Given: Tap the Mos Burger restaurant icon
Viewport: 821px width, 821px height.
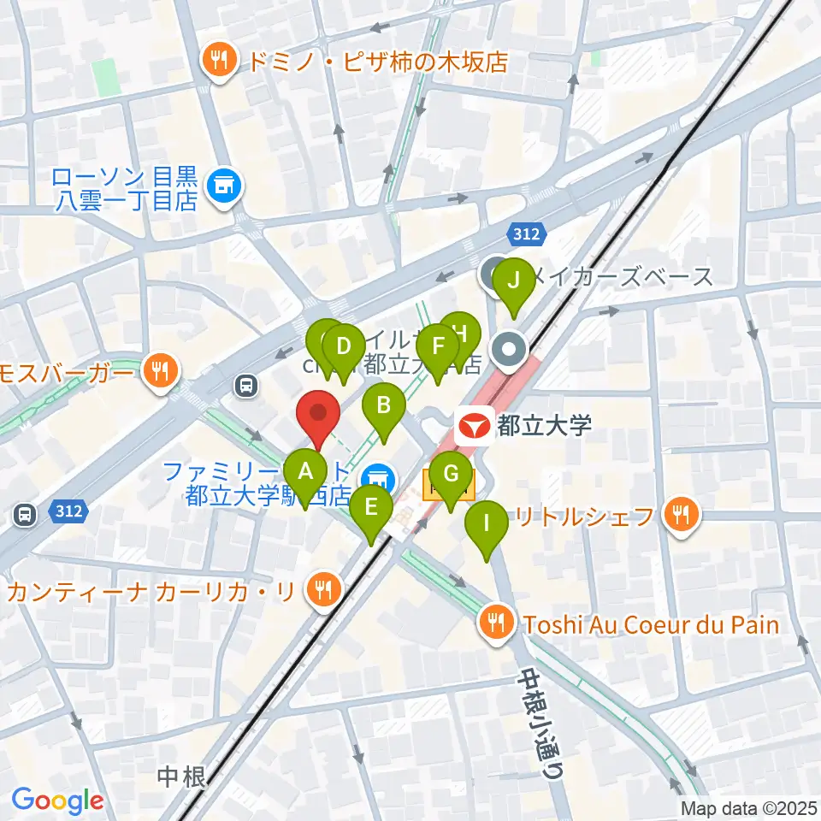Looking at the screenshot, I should click(x=159, y=371).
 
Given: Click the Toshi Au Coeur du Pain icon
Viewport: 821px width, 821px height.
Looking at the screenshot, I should click(x=497, y=624).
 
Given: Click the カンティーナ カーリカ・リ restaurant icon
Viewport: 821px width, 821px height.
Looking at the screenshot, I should click(x=322, y=590).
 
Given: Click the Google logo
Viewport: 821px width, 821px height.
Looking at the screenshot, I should click(x=57, y=801).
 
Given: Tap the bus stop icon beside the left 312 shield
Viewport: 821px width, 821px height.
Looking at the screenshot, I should click(x=25, y=515).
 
